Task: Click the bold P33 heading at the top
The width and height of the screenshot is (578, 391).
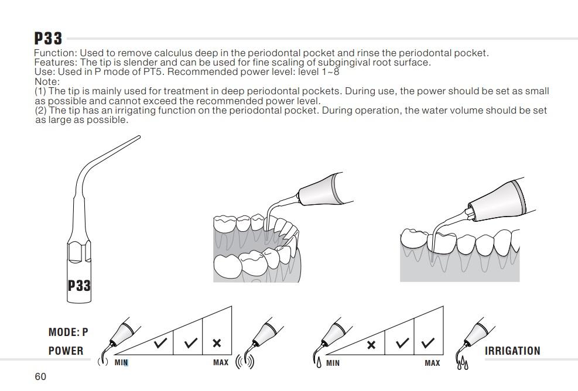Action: pyautogui.click(x=48, y=38)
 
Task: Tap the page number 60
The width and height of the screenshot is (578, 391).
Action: pyautogui.click(x=40, y=376)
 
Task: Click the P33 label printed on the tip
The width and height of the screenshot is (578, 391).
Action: pyautogui.click(x=79, y=285)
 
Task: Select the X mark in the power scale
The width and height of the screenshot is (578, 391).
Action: pyautogui.click(x=217, y=343)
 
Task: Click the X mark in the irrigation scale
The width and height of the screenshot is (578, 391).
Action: pyautogui.click(x=371, y=345)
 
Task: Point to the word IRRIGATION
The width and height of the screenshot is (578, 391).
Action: pyautogui.click(x=512, y=351)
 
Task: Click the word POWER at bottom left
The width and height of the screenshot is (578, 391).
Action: pyautogui.click(x=66, y=351)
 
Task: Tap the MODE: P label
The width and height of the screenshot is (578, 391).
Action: pyautogui.click(x=68, y=332)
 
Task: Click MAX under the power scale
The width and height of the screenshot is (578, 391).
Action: pyautogui.click(x=221, y=363)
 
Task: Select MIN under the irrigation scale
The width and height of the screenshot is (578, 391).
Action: pyautogui.click(x=333, y=363)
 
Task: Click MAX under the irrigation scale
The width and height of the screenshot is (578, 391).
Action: pyautogui.click(x=432, y=363)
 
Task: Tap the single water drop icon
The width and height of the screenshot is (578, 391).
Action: pyautogui.click(x=319, y=362)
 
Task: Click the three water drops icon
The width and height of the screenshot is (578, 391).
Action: pyautogui.click(x=463, y=363)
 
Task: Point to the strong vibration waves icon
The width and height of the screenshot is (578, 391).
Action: pyautogui.click(x=245, y=361)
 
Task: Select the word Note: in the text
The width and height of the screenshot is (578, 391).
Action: pyautogui.click(x=47, y=81)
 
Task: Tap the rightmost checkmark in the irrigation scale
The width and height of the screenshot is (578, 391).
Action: pyautogui.click(x=427, y=343)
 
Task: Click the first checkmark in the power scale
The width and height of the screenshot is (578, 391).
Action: pyautogui.click(x=160, y=343)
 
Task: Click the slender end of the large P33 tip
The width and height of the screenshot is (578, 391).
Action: pyautogui.click(x=139, y=137)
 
